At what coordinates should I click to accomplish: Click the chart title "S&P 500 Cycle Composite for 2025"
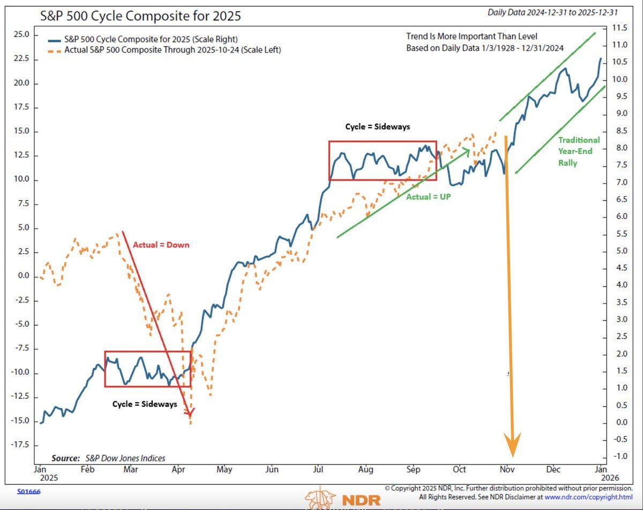coord(141,16)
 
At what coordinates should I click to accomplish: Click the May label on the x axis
coord(225,470)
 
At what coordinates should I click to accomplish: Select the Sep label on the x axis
coord(413,470)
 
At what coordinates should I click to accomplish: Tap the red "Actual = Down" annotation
coord(161,245)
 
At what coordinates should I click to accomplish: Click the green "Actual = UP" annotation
coord(429,197)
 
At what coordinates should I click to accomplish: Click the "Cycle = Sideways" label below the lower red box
coord(144,404)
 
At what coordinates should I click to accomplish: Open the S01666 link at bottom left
coord(29,491)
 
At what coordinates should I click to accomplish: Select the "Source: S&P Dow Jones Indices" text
coord(108,458)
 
